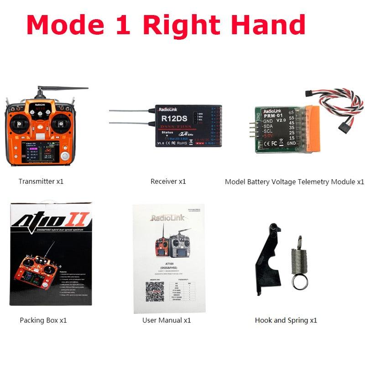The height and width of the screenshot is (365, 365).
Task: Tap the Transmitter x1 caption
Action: [x=41, y=181]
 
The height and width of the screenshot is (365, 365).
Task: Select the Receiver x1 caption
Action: [x=168, y=181]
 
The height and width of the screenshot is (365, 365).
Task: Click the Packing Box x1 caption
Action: [x=43, y=320]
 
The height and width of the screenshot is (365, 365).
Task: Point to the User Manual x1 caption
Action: [x=167, y=320]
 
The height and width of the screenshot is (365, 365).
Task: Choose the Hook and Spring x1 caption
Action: [x=286, y=320]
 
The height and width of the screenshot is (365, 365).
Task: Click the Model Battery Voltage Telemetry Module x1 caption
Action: [x=294, y=182]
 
